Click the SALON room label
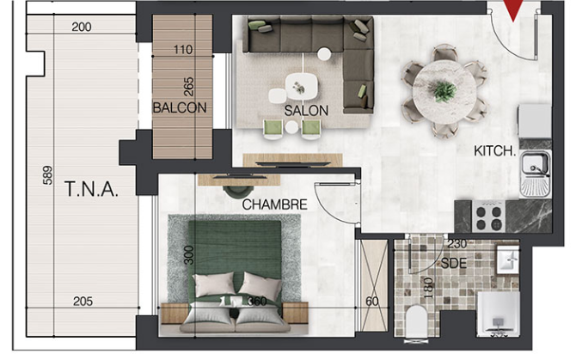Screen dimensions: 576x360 click(306, 111)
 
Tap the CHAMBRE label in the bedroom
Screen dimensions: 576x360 click(274, 204)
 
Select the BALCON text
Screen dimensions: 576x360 click(180, 108)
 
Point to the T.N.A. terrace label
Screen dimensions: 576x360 click(91, 189)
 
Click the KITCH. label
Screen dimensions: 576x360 click(495, 151)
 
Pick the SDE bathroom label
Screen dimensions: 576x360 click(454, 263)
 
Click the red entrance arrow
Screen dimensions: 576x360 click(513, 10)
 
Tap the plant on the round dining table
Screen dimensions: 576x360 click(444, 90)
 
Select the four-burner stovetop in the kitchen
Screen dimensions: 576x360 click(488, 217)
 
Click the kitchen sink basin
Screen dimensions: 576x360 click(535, 163)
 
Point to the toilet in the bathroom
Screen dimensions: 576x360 click(416, 321)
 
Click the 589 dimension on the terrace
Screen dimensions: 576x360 click(48, 175)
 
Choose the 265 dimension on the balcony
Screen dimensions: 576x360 click(188, 87)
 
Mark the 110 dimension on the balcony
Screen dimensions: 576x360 click(182, 49)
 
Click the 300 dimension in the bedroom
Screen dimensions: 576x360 click(188, 255)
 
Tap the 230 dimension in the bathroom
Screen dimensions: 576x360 click(457, 243)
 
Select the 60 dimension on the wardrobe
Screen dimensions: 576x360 click(372, 302)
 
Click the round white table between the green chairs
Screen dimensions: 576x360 click(291, 127)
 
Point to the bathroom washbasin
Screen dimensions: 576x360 click(508, 259)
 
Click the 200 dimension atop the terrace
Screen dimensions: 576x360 click(82, 27)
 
